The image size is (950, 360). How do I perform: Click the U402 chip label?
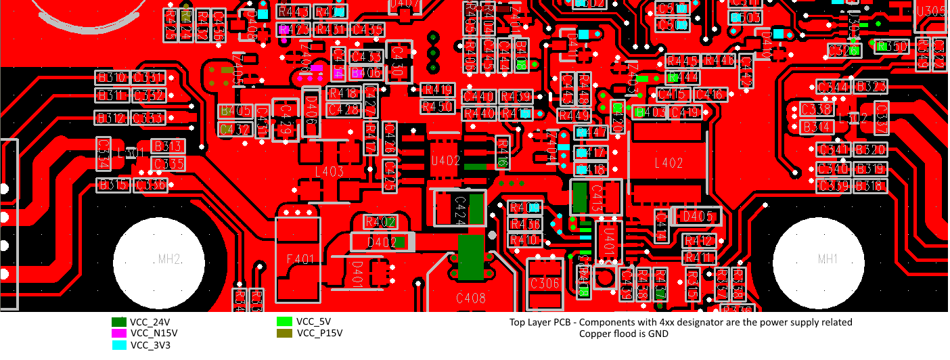tap(445, 161)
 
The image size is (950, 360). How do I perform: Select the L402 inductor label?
tap(669, 163)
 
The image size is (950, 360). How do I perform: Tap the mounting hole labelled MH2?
tap(160, 259)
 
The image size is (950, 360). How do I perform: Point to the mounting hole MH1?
tap(818, 259)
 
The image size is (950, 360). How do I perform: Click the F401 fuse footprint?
tap(299, 258)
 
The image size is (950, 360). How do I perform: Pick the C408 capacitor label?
tap(471, 297)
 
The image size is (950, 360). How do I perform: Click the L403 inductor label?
tap(330, 172)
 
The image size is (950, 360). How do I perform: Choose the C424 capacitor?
tap(459, 207)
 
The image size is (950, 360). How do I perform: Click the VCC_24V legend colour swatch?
tap(119, 322)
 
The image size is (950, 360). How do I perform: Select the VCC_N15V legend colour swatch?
tap(119, 334)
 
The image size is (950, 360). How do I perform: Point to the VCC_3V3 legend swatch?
tap(119, 345)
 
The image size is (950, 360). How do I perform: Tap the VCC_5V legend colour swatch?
tap(285, 322)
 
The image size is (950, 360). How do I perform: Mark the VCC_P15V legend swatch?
tap(285, 334)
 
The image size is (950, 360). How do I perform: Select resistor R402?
tap(380, 222)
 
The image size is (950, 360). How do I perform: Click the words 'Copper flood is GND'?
tap(623, 334)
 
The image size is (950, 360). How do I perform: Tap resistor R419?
tap(437, 90)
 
